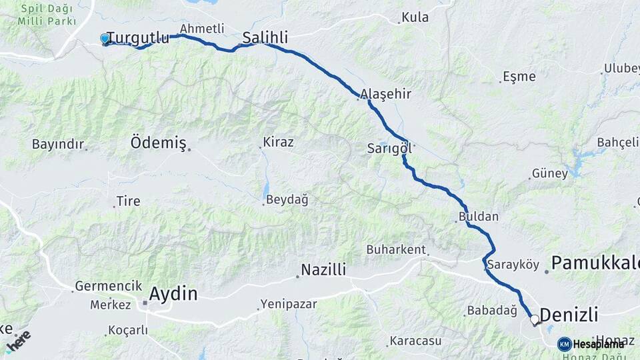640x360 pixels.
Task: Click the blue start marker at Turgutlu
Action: point(105,39)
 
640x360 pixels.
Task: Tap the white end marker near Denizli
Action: point(534,320)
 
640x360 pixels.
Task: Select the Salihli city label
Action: point(265,38)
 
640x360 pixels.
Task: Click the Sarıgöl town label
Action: point(389,149)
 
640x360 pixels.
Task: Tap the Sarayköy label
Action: point(513,265)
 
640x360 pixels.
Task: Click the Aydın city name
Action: point(173,293)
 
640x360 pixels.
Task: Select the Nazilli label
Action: point(323,270)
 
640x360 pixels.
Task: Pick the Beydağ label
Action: point(287,199)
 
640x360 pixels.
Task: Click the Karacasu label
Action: point(416,341)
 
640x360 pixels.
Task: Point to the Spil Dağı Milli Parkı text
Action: point(47,15)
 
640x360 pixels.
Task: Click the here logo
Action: point(19,340)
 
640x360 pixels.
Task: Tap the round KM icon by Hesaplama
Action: point(565,344)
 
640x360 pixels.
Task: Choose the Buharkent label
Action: point(395,249)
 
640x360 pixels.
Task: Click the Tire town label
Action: point(129,201)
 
